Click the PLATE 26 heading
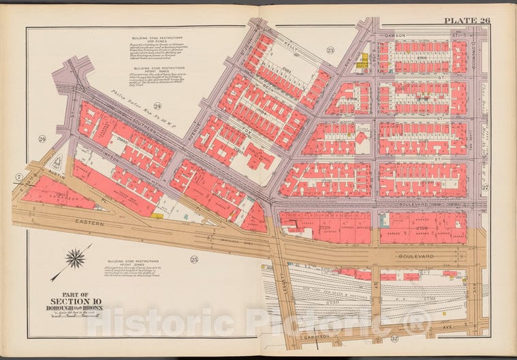tap(467, 20)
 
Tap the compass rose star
tap(76, 259)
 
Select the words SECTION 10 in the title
tap(70, 301)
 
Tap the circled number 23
tap(330, 50)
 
